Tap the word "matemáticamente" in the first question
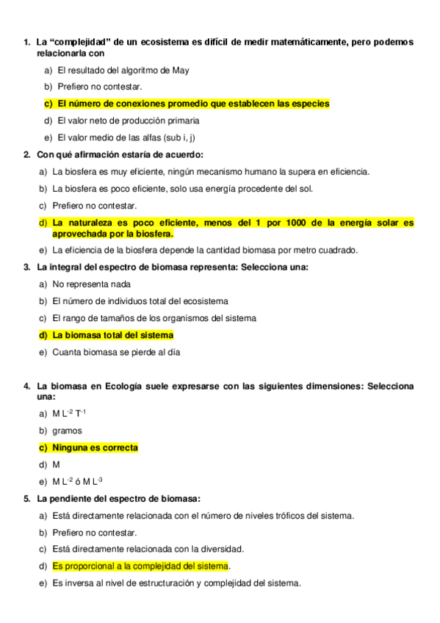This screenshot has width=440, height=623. point(305,42)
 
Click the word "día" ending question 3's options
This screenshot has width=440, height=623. point(172,352)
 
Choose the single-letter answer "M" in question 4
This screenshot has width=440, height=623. point(56,464)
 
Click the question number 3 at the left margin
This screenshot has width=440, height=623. point(26,267)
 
